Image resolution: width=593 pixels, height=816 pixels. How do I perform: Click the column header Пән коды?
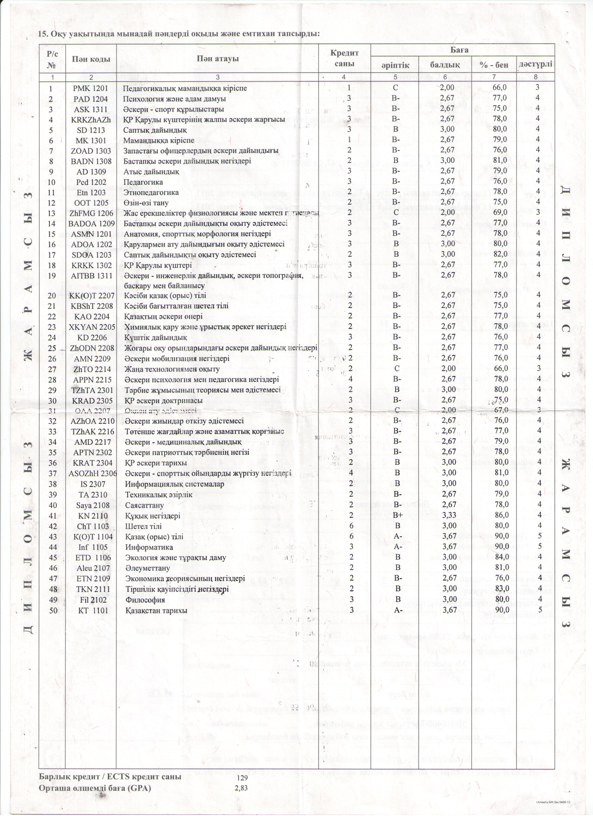pos(91,59)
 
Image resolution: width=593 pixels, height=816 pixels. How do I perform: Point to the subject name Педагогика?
pos(143,182)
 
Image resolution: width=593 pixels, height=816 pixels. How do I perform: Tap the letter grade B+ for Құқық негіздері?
pos(398,516)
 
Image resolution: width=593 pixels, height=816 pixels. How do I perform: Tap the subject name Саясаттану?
pos(144,505)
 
